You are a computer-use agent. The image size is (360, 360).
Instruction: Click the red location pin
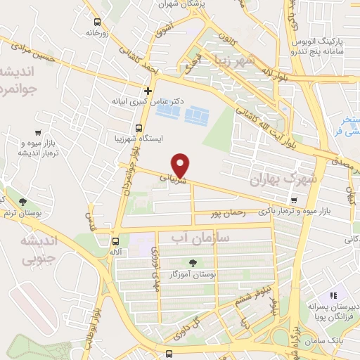181,165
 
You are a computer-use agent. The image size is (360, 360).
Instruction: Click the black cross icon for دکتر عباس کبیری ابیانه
148,91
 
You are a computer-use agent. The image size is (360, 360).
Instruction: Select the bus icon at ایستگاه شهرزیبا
138,128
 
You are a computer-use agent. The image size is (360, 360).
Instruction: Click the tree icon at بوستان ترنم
23,202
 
